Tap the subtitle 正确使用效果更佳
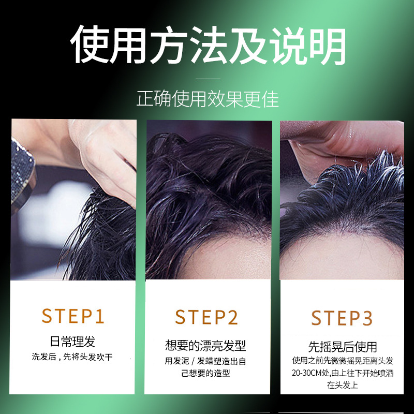[x=207, y=98]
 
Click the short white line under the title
[x=207, y=79]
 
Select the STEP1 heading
[x=73, y=316]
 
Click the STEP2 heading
[x=206, y=317]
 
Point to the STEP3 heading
[x=342, y=318]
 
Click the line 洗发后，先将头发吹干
[x=73, y=357]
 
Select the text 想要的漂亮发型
[x=206, y=345]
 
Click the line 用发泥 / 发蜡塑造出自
[x=206, y=361]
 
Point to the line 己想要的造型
[x=206, y=373]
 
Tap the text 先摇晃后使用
[x=342, y=346]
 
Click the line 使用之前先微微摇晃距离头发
[x=342, y=360]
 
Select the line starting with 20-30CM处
[x=342, y=373]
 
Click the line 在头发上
[x=342, y=386]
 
